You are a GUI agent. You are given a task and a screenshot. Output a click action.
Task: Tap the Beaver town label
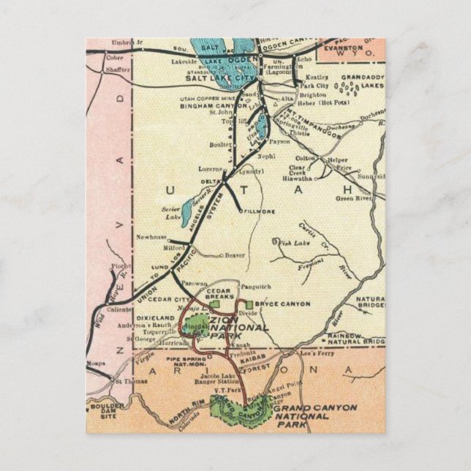coord(233,256)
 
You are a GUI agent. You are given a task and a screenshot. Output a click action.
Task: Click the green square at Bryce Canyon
coord(251,304)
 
